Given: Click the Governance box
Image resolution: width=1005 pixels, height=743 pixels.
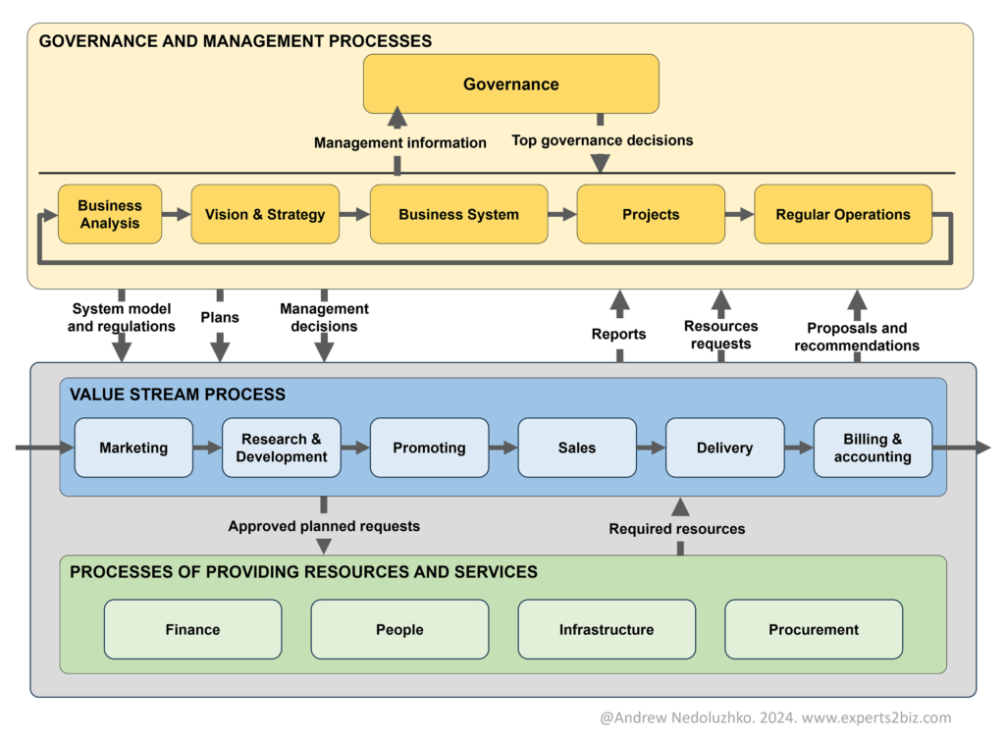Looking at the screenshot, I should (x=510, y=84).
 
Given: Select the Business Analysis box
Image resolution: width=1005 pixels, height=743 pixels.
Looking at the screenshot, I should (x=110, y=214).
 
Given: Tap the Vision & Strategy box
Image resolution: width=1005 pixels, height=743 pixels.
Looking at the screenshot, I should (x=265, y=214).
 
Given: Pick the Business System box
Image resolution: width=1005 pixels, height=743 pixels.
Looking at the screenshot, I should (x=458, y=214).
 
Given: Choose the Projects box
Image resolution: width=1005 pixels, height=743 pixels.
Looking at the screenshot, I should (x=651, y=214).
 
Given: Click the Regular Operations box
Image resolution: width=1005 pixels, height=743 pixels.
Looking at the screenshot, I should (x=843, y=214).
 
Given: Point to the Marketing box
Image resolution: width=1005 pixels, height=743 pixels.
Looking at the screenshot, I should (x=133, y=448).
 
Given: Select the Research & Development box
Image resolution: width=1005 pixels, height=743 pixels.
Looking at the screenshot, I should (x=282, y=448).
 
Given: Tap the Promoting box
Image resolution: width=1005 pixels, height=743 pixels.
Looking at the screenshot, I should (x=429, y=448).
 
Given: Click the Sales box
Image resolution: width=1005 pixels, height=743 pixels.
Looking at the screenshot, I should (x=577, y=448).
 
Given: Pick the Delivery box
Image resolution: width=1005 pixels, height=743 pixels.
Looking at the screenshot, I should (x=724, y=448).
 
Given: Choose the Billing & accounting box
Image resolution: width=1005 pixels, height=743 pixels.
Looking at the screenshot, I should (x=873, y=448).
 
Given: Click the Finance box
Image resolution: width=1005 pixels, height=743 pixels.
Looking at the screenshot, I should (x=192, y=629).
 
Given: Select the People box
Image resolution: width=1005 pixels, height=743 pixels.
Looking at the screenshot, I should (x=399, y=629).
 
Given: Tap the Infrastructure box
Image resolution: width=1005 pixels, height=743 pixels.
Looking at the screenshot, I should (x=607, y=629).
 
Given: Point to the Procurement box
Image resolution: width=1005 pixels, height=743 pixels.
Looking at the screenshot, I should (x=814, y=629).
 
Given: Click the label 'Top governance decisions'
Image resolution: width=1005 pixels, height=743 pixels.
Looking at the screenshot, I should (x=603, y=140).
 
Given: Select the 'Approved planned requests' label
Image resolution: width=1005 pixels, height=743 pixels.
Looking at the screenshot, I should (x=324, y=526).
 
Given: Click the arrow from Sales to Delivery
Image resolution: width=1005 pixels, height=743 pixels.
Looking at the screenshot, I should (x=651, y=448).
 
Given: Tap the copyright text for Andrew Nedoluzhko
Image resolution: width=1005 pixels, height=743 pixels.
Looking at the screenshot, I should (x=775, y=717).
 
